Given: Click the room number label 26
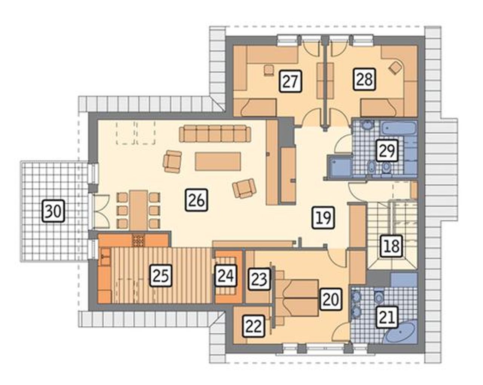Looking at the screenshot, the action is [196, 200].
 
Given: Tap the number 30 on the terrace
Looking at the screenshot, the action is [54, 211].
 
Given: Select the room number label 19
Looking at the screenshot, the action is [324, 217].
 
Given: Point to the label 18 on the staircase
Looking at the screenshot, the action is [391, 246].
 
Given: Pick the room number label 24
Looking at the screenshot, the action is [226, 276].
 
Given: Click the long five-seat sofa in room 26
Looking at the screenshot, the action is [215, 134].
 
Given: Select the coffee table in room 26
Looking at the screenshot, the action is [218, 161].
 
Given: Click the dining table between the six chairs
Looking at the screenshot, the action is [139, 210].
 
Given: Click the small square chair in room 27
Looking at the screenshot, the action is [269, 70].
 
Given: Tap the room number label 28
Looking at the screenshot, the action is [364, 80].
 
